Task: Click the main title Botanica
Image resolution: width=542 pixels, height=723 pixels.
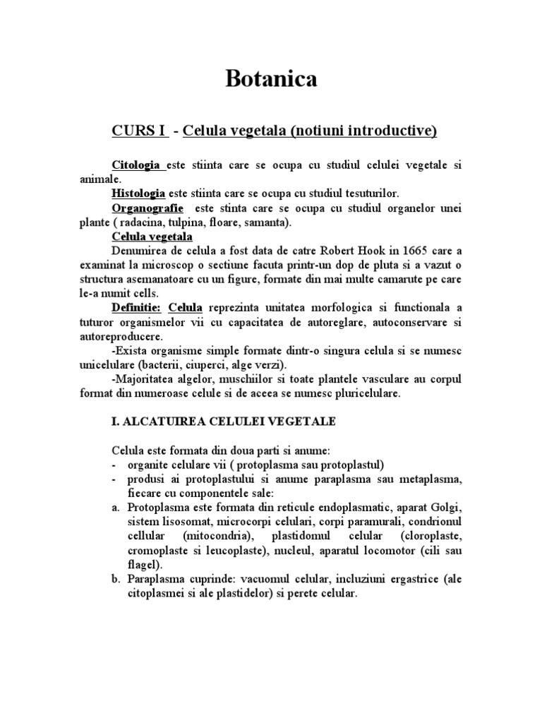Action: pos(271,79)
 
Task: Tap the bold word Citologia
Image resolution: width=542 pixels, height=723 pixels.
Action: pos(138,165)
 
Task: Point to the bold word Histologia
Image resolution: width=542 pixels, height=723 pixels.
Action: pos(138,193)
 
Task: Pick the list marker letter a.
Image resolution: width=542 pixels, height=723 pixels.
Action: pos(116,508)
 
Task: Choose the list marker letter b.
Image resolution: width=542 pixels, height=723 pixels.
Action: pos(116,580)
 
